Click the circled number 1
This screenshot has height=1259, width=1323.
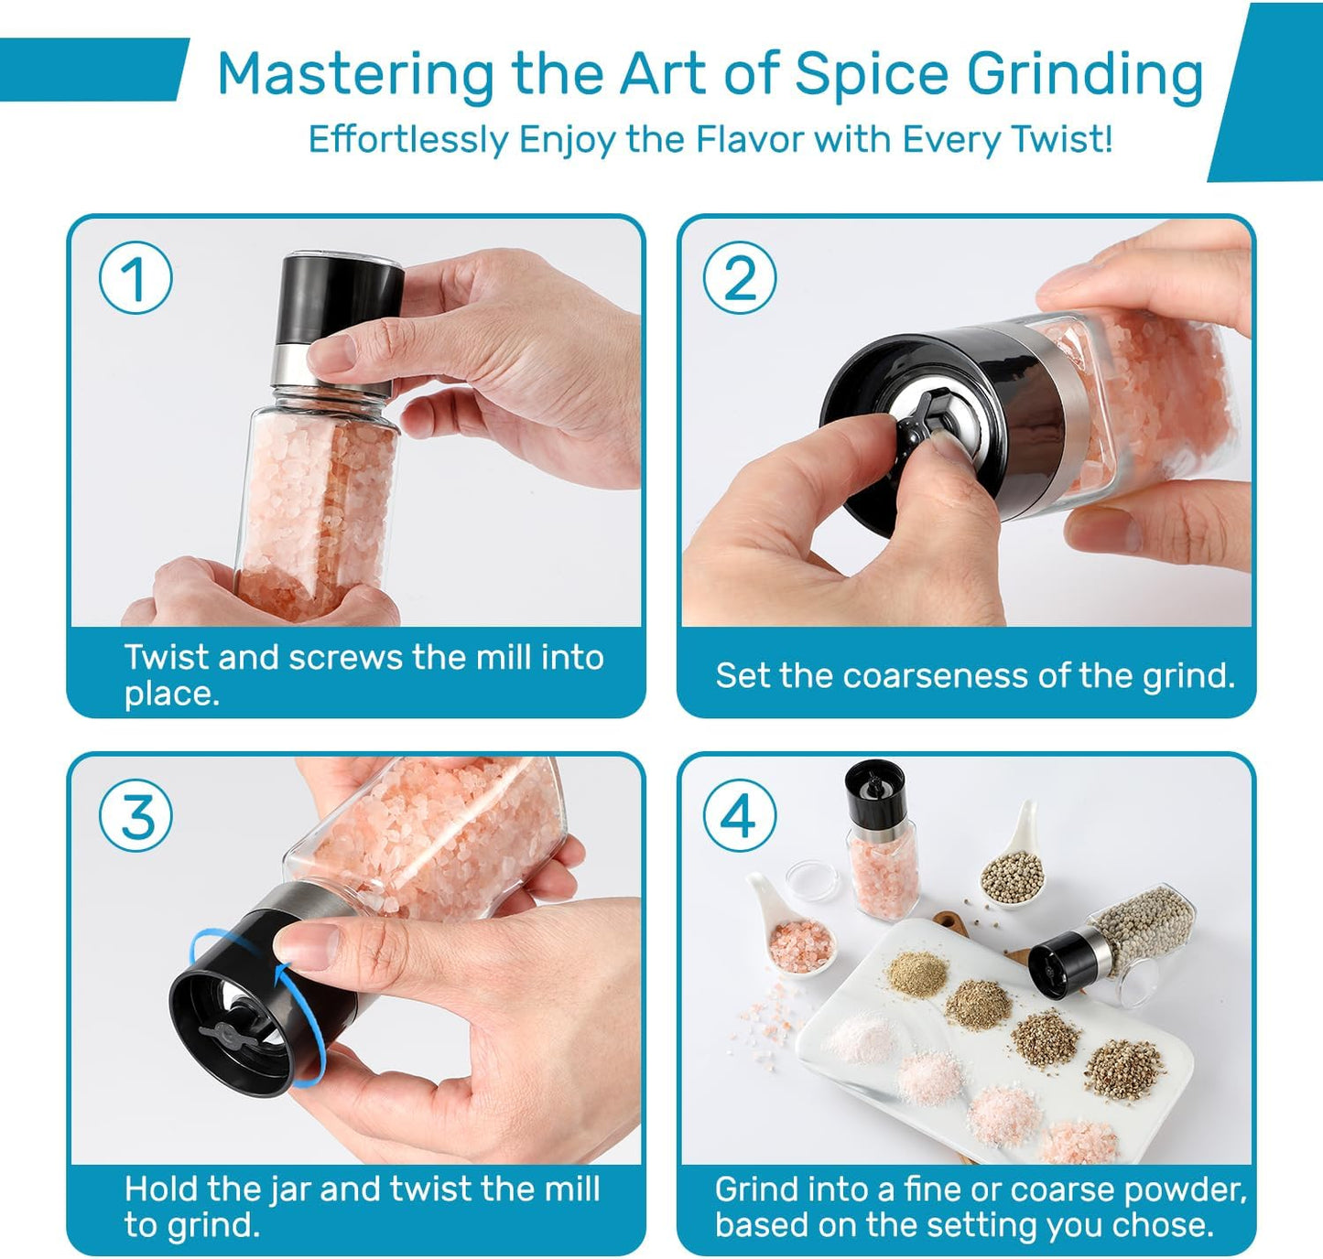[136, 278]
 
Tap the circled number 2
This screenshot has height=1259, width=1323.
[740, 278]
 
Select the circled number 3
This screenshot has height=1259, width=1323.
[136, 816]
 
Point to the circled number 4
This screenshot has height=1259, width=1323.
[740, 816]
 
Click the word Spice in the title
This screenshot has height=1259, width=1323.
[872, 74]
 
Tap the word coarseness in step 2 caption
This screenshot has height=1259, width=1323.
[935, 675]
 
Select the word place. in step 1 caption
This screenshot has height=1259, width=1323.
[171, 694]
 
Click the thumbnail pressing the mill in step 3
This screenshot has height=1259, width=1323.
[309, 945]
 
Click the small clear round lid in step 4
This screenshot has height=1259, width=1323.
[812, 880]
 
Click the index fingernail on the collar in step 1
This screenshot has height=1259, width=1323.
[332, 351]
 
